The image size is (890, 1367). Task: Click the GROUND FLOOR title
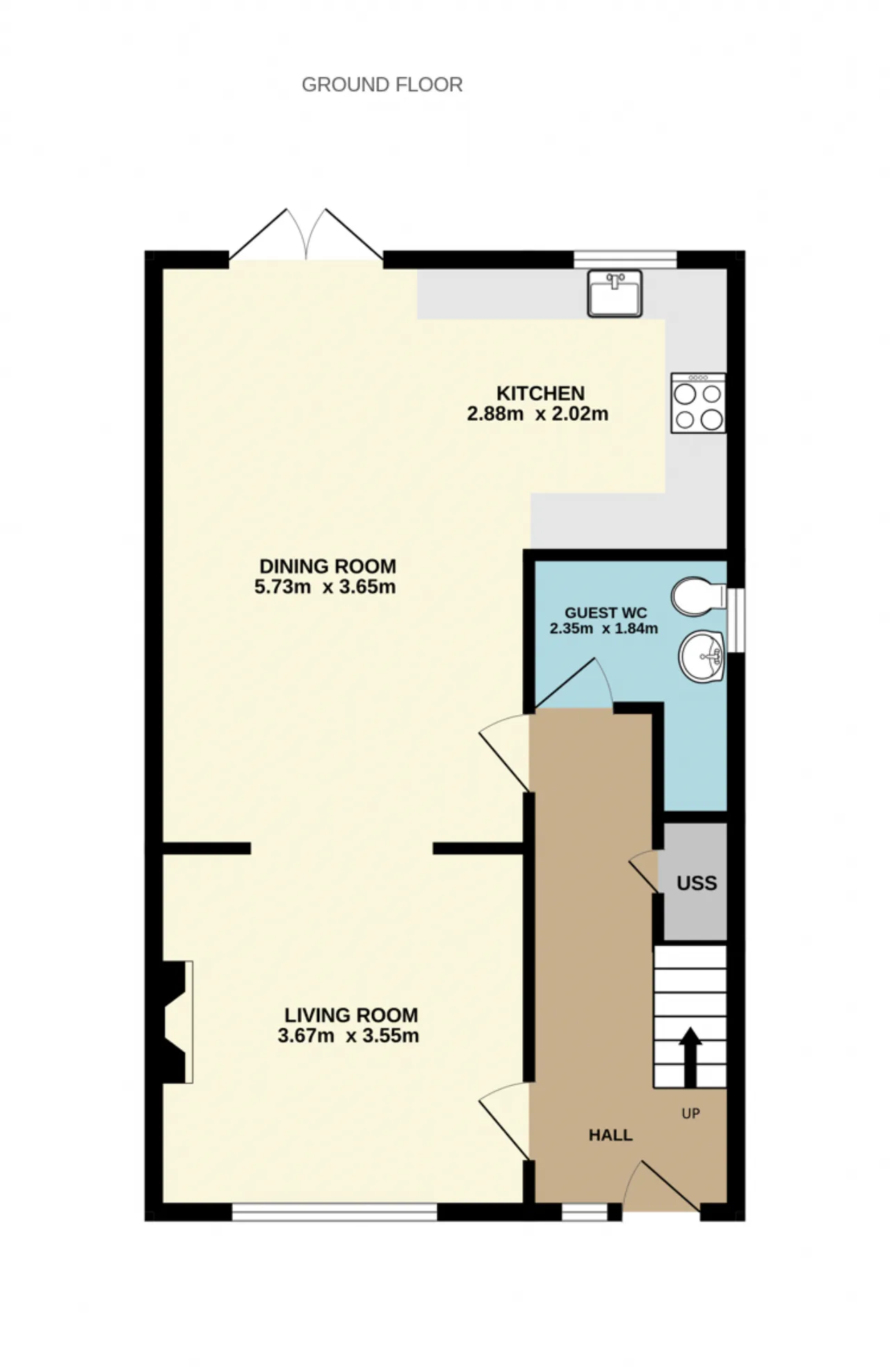382,85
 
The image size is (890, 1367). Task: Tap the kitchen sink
615,294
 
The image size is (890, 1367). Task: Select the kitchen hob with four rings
698,403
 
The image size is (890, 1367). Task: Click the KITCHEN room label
540,393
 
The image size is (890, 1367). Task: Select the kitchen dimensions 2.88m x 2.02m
537,415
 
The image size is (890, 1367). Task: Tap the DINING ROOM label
327,566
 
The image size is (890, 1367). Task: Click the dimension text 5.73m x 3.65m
325,587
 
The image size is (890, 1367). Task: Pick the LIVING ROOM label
351,1015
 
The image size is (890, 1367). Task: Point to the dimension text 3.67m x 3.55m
348,1036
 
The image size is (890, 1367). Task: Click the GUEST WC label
606,613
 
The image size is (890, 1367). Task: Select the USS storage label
697,884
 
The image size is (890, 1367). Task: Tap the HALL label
610,1135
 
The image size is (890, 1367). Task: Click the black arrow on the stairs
690,1057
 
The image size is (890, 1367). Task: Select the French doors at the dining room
306,234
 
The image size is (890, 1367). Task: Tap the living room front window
334,1213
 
